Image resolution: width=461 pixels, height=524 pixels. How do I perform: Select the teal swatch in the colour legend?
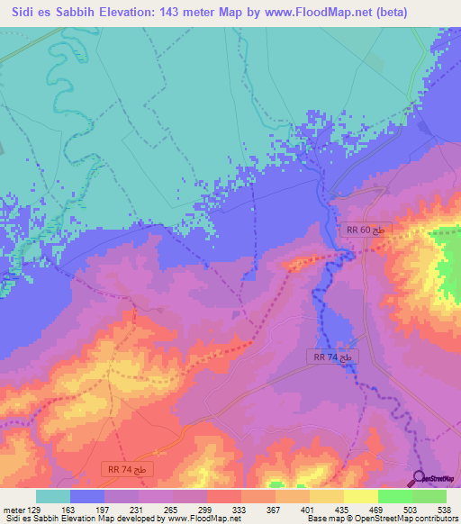click(52, 496)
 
